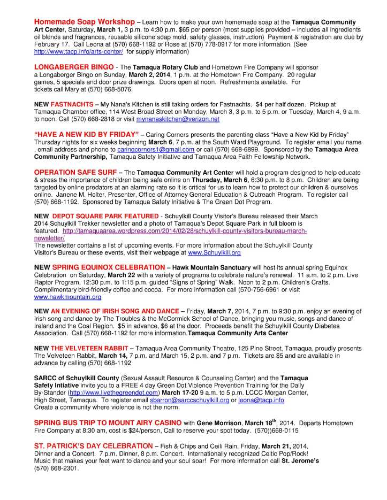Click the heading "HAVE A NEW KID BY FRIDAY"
[x=86, y=133]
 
